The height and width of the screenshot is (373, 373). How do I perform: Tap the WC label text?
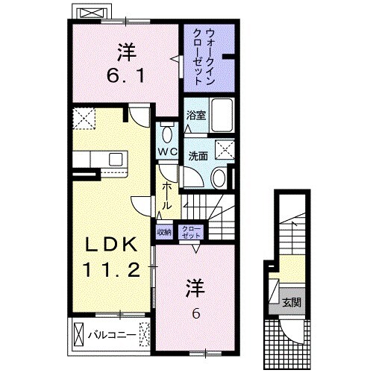(x=166, y=151)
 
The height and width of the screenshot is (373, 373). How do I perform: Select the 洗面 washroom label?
(x=198, y=156)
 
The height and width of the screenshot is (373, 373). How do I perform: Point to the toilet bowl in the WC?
(x=168, y=134)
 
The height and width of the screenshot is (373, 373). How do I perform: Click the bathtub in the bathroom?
(x=222, y=119)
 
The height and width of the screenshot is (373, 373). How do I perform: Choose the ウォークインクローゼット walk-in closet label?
(x=210, y=57)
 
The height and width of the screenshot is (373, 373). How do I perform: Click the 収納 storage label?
(x=164, y=232)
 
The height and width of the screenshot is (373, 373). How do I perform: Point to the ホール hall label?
(x=166, y=195)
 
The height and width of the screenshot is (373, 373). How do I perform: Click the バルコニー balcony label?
(x=112, y=334)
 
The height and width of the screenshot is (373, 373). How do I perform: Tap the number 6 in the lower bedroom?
(x=196, y=313)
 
